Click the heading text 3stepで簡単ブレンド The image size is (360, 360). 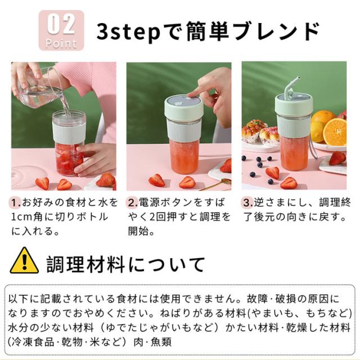tap(208, 31)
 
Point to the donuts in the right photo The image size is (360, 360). tap(259, 133)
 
